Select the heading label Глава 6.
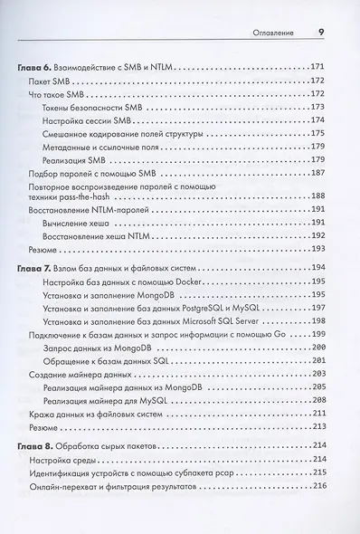pyautogui.click(x=37, y=68)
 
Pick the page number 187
pyautogui.click(x=318, y=171)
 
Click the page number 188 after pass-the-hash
pyautogui.click(x=318, y=195)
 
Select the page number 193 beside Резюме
pyautogui.click(x=318, y=247)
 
